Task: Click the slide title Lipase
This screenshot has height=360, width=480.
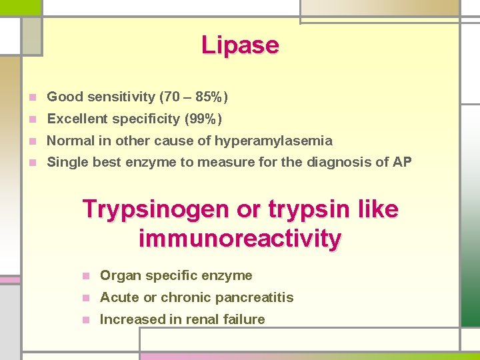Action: (240, 45)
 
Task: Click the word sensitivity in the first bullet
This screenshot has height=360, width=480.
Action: (123, 97)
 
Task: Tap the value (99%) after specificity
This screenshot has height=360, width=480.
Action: (203, 119)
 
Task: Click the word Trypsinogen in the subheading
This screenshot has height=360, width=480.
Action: (156, 209)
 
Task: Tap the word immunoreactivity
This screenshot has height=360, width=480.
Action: (240, 238)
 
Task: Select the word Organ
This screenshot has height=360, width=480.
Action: (119, 275)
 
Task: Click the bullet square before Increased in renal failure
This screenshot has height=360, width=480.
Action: (85, 319)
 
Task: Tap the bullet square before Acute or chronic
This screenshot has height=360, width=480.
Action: (85, 297)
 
